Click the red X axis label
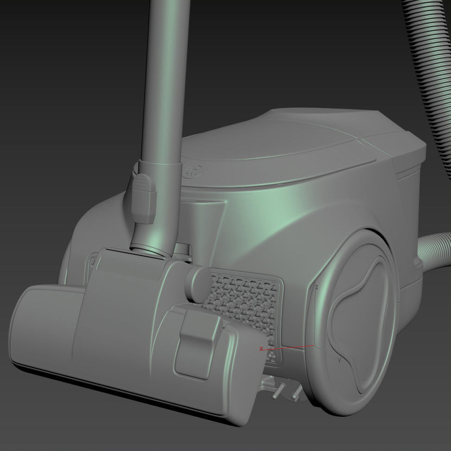[x=261, y=348]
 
